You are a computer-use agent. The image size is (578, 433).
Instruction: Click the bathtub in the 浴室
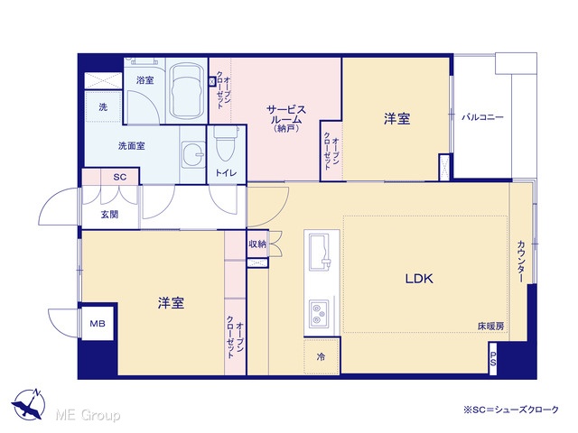[x=186, y=90]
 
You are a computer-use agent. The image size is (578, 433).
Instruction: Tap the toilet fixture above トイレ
[x=225, y=144]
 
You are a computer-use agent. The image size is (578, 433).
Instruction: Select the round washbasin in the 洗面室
[x=192, y=154]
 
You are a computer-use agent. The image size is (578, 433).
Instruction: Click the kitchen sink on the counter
[x=319, y=252]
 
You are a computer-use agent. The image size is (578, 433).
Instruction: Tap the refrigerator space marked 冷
[x=322, y=356]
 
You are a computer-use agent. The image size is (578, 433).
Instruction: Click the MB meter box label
[x=98, y=323]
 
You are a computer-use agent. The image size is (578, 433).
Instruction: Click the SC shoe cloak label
[x=120, y=177]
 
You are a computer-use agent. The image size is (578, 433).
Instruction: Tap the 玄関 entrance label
[x=109, y=215]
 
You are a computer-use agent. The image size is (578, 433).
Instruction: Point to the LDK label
[x=419, y=279]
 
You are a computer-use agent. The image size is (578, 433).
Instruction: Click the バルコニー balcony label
[x=482, y=117]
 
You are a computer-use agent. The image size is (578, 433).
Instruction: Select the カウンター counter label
[x=521, y=262]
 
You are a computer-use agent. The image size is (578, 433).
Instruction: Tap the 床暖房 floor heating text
[x=490, y=327]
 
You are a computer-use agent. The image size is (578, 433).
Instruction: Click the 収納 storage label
[x=257, y=244]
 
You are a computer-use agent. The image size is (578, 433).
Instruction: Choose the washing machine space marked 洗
[x=103, y=107]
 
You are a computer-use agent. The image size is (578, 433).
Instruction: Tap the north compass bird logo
[x=29, y=404]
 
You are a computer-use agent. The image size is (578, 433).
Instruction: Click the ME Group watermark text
[x=88, y=415]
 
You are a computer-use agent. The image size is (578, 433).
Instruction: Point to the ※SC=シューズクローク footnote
[x=511, y=410]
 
